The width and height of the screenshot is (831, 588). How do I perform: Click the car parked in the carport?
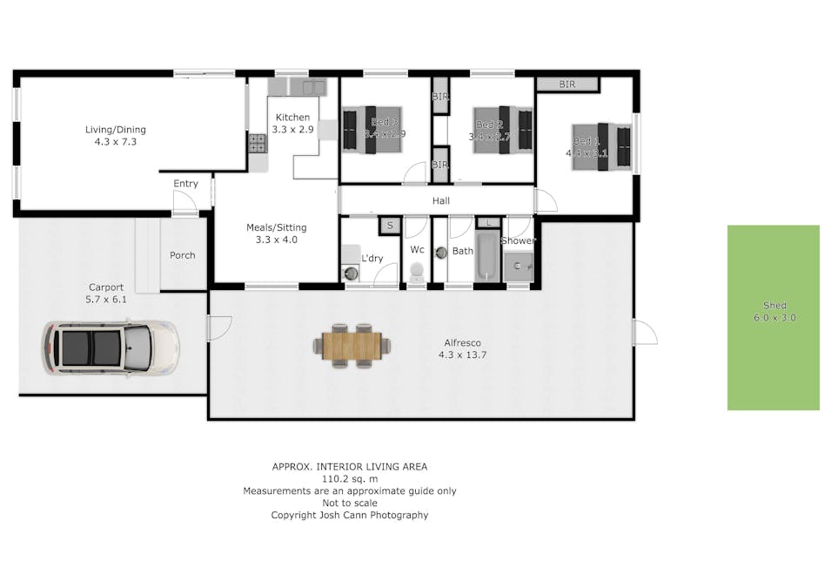(x=111, y=347)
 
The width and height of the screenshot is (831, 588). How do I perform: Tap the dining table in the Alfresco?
(x=352, y=346)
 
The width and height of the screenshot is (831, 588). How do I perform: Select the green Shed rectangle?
(x=774, y=317)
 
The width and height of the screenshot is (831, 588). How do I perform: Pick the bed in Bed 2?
(x=502, y=131)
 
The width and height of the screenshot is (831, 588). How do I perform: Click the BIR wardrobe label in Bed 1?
(x=567, y=84)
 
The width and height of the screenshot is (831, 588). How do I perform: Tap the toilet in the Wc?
(x=417, y=272)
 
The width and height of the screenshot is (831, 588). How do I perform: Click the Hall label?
(x=441, y=201)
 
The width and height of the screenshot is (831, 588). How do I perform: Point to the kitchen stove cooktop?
(x=258, y=143)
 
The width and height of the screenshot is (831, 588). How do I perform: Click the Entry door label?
(x=185, y=184)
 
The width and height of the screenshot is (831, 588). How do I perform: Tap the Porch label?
(x=182, y=255)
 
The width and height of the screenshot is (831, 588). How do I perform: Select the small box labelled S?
(x=389, y=226)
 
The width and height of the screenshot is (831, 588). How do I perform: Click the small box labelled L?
(x=489, y=224)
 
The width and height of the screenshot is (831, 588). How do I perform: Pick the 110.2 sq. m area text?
(x=350, y=478)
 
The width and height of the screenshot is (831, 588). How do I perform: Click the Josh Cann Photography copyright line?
(x=350, y=515)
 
